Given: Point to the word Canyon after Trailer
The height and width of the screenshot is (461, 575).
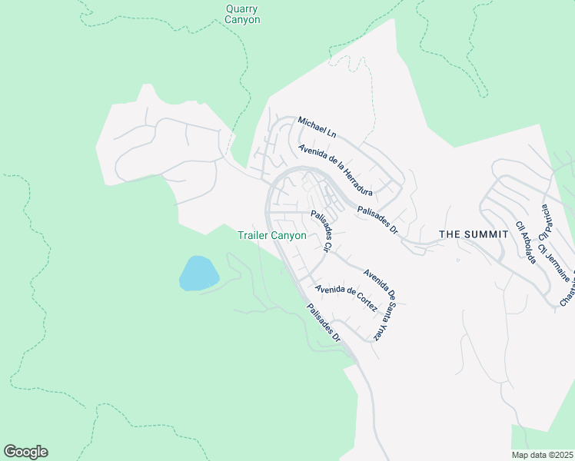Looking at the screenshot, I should coord(290,236).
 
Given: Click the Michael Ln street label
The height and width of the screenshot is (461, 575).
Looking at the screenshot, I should coord(317,128).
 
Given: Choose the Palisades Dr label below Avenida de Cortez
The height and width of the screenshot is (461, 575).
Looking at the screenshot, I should coord(323,322).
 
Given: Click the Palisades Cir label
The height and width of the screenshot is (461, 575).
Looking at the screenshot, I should coord(320,231).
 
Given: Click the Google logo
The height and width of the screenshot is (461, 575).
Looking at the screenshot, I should coord(25,452).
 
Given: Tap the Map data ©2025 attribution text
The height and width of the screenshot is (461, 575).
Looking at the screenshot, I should coord(543,455).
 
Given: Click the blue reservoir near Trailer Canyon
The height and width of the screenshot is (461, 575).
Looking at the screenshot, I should coord(199,274).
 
